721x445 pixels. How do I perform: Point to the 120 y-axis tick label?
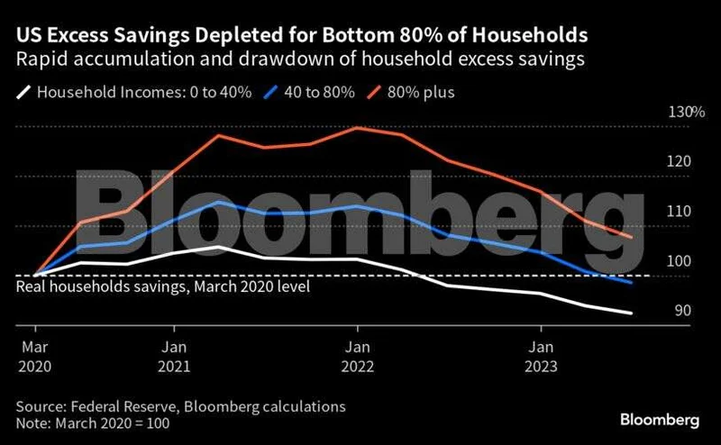pos(680,162)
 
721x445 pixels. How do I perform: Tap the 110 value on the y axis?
pos(680,212)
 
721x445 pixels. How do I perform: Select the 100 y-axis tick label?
pos(680,261)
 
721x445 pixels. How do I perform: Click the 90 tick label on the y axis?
pos(683,311)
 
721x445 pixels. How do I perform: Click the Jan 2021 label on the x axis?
pos(175,356)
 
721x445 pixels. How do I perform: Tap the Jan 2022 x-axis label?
pos(358,356)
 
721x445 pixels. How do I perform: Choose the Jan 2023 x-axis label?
pos(541,356)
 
